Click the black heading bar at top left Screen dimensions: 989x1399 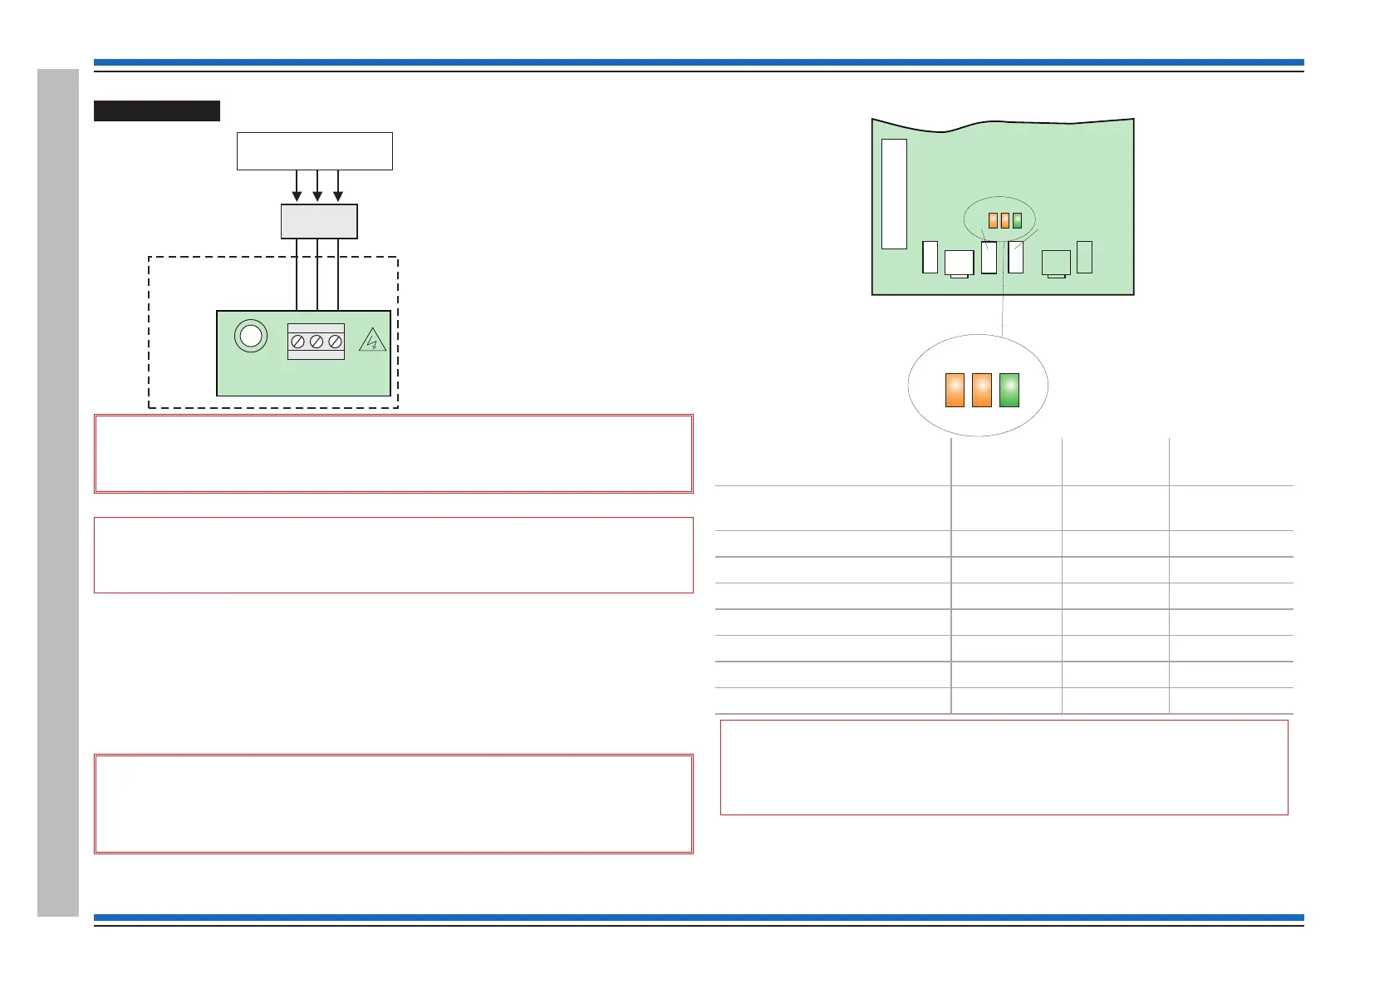click(156, 111)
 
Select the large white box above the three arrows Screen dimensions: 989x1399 click(314, 150)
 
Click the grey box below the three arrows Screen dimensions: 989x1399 click(319, 221)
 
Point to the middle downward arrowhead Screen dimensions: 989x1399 click(317, 196)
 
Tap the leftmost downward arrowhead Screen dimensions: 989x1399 click(297, 196)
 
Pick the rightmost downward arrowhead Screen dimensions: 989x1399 click(338, 196)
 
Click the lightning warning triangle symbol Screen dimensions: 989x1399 click(373, 340)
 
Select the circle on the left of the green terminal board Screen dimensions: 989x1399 click(250, 336)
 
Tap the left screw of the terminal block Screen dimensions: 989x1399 click(297, 342)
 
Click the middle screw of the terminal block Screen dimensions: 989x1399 click(316, 342)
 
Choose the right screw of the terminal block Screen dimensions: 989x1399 click(335, 342)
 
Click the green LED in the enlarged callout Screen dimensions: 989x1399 click(1009, 390)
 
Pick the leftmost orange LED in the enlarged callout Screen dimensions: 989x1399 click(955, 390)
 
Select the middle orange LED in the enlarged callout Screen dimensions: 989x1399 click(982, 390)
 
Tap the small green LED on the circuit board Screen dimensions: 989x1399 click(1017, 220)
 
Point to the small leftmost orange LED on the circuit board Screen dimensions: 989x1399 click(993, 220)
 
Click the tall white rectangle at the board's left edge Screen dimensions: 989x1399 click(894, 194)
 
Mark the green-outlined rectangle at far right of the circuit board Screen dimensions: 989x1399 click(1084, 257)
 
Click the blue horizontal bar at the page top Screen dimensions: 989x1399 click(698, 62)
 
